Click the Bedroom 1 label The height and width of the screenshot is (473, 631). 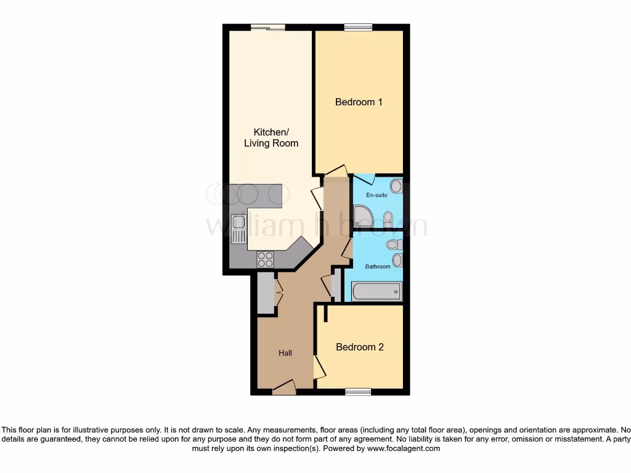pyautogui.click(x=359, y=102)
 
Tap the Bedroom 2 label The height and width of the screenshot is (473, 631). pyautogui.click(x=359, y=347)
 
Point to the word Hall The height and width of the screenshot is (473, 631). pyautogui.click(x=285, y=353)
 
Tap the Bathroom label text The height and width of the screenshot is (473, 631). pyautogui.click(x=378, y=267)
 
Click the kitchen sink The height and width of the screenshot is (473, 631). pyautogui.click(x=238, y=230)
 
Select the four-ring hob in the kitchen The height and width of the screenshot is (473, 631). pyautogui.click(x=266, y=259)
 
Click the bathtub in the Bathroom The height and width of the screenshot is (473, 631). pyautogui.click(x=376, y=291)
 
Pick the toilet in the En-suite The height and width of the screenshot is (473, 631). pyautogui.click(x=388, y=218)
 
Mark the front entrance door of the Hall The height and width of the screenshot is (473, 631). pyautogui.click(x=284, y=387)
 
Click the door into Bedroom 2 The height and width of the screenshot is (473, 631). pyautogui.click(x=319, y=367)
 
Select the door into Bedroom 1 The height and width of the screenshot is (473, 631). pyautogui.click(x=336, y=171)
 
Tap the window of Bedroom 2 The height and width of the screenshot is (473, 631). pyautogui.click(x=358, y=391)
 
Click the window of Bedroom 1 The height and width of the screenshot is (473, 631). pyautogui.click(x=358, y=27)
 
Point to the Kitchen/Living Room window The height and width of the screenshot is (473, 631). pyautogui.click(x=267, y=27)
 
